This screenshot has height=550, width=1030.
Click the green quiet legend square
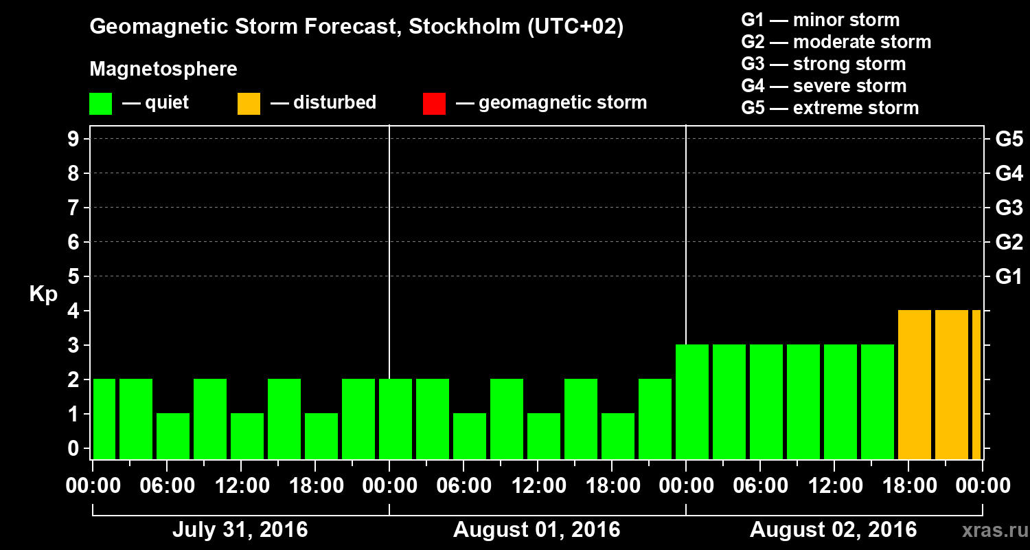[100, 104]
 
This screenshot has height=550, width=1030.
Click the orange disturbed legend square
[249, 104]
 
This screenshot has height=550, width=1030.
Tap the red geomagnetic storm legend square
[434, 104]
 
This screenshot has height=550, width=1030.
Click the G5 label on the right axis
[1009, 140]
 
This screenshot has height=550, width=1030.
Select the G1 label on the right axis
[1009, 277]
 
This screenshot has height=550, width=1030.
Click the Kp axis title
[43, 294]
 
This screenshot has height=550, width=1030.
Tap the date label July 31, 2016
[240, 530]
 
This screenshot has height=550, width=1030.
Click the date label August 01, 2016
[536, 530]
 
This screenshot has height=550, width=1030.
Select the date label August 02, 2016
[833, 530]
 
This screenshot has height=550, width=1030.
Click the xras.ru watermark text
[989, 530]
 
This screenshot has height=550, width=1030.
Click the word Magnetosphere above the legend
[163, 69]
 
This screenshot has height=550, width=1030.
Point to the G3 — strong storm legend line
[823, 64]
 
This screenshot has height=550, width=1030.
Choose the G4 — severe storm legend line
[824, 86]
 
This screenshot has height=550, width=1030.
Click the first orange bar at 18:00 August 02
[915, 384]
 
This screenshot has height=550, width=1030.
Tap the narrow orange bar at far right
[976, 384]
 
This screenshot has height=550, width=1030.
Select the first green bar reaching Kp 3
[692, 401]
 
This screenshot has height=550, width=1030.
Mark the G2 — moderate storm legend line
[836, 42]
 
